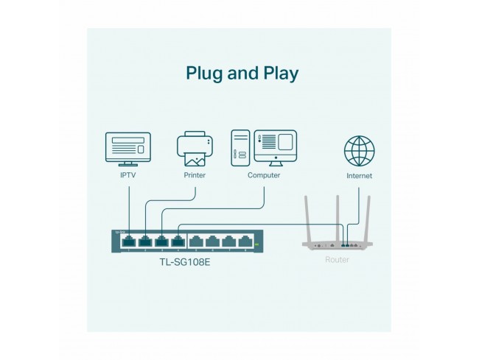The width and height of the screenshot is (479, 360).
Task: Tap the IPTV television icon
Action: click(128, 149)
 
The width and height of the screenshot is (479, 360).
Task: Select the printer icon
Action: click(195, 149)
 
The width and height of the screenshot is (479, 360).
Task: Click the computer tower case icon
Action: click(240, 147)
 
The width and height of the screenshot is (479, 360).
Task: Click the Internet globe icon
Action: click(359, 150)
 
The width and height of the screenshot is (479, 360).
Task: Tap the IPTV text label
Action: click(128, 176)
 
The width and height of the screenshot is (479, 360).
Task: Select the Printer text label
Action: click(195, 176)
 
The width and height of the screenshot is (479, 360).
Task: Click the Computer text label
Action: click(264, 176)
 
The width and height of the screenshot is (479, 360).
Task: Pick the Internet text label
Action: click(359, 177)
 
